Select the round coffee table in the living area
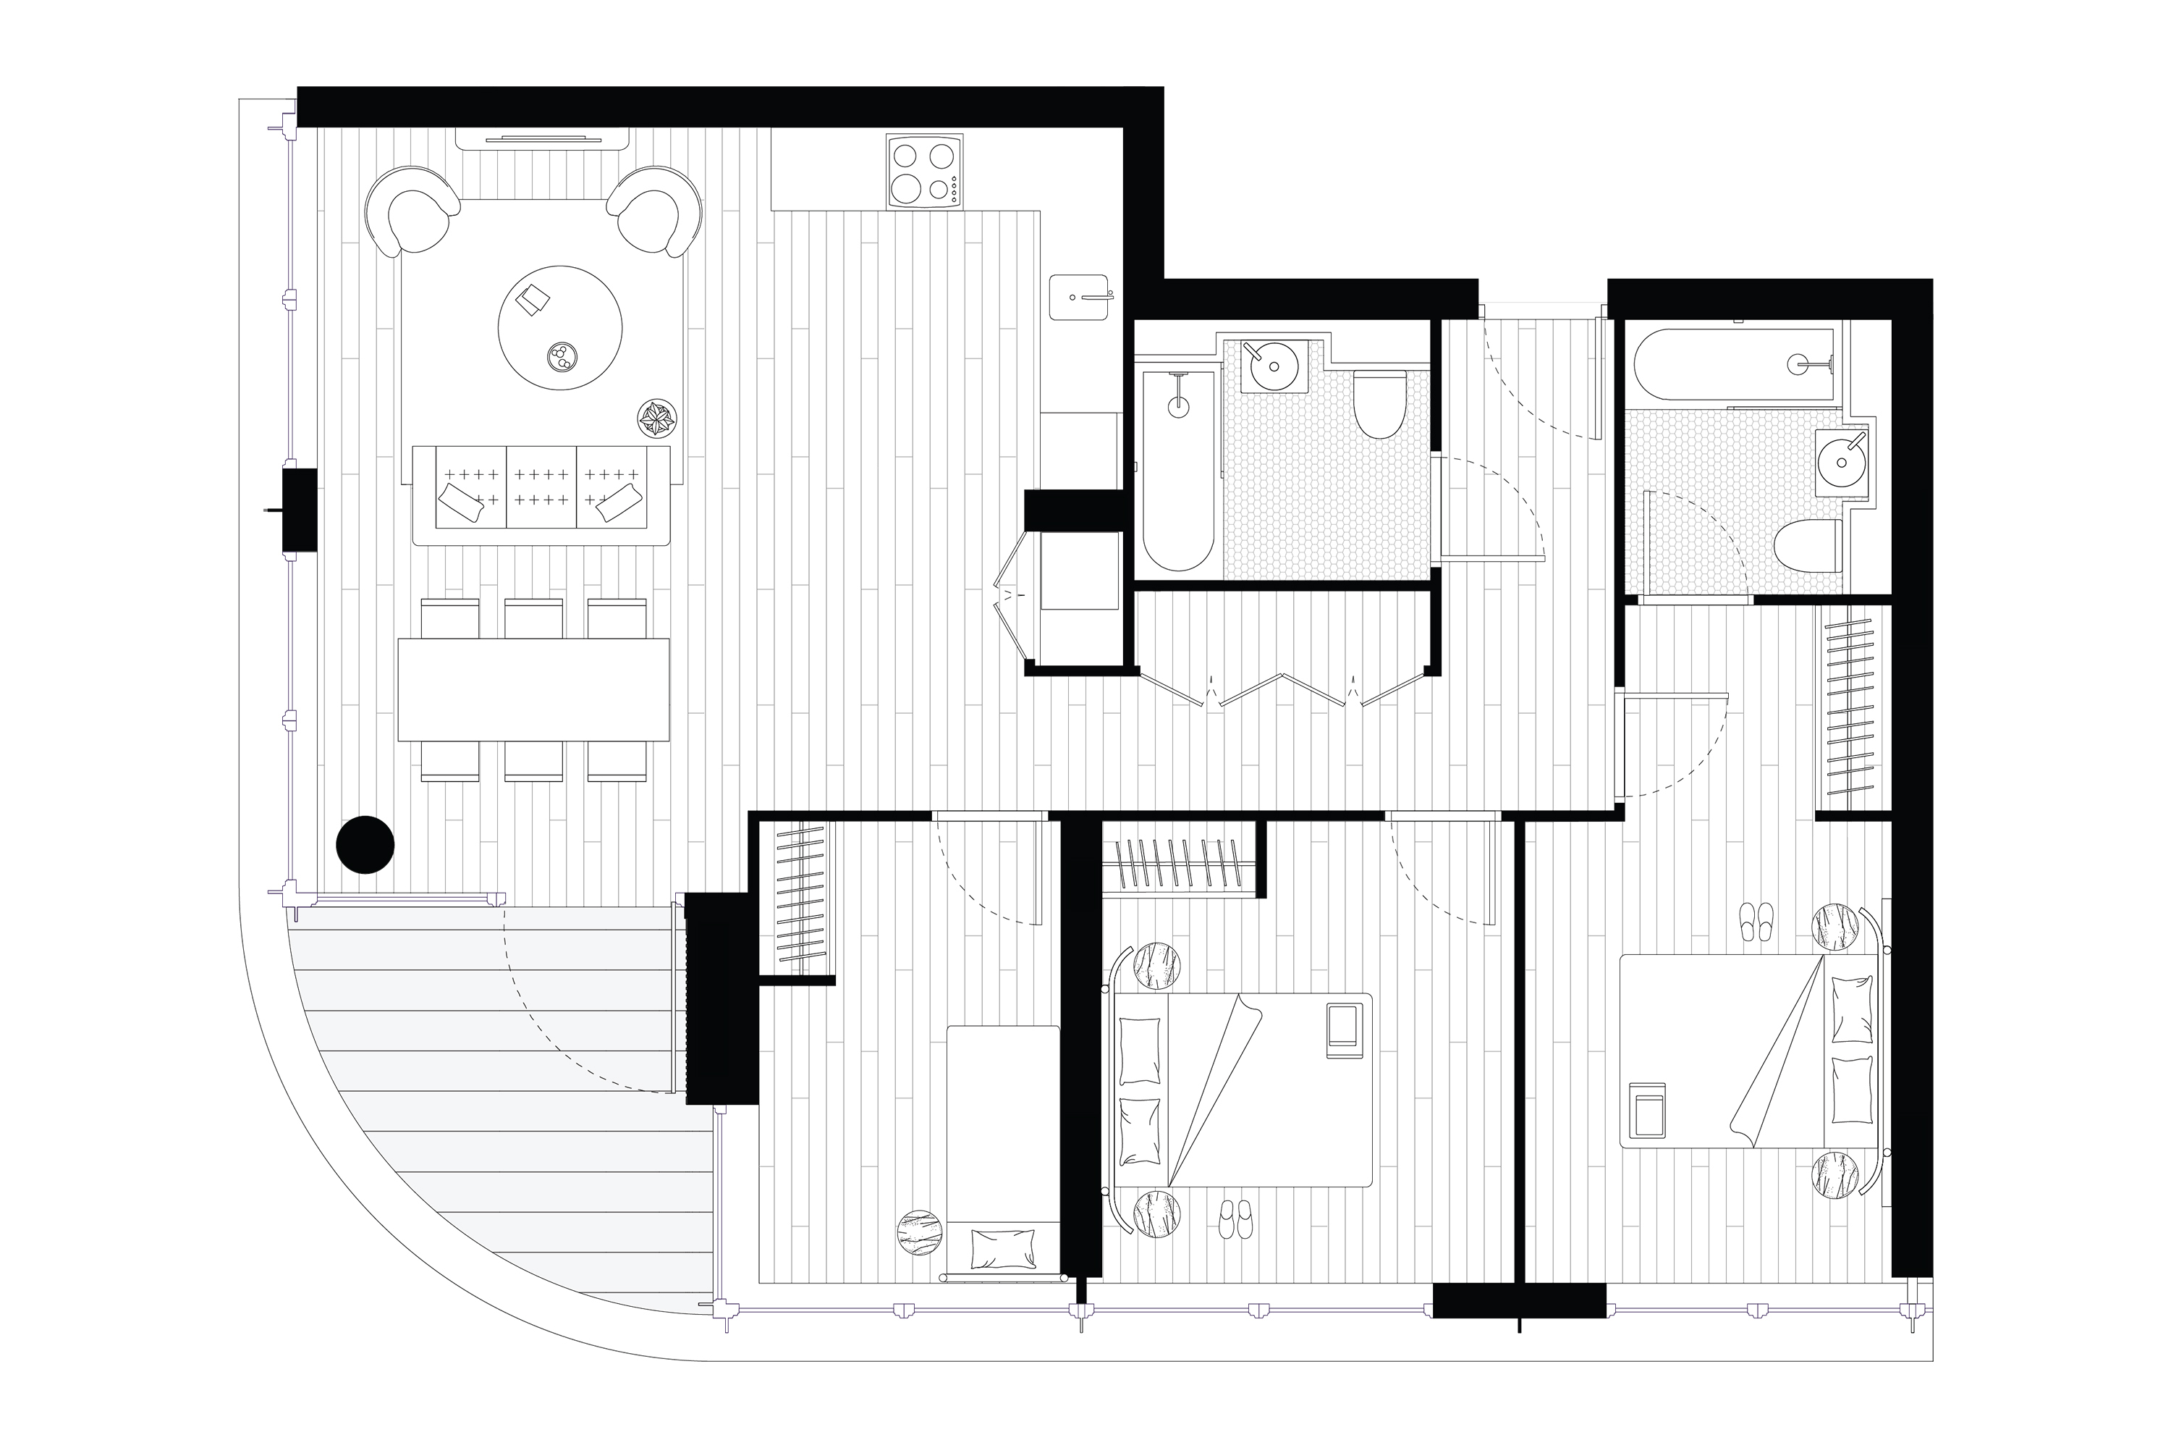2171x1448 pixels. pos(560,328)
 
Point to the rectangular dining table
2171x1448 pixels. pos(533,689)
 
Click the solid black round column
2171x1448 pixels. pos(365,844)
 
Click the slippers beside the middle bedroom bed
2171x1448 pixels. pos(1235,1219)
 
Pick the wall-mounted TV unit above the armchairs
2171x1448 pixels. pos(543,138)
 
